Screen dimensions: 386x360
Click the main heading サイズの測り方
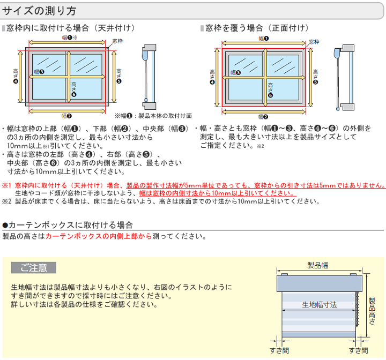[x=39, y=11]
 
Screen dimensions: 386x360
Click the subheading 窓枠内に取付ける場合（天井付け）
[x=71, y=28]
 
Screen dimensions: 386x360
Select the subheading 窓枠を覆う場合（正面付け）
[x=257, y=28]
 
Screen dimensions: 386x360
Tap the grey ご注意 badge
[x=34, y=267]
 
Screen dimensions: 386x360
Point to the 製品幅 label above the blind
[x=317, y=265]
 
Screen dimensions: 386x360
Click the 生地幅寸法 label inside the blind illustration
[x=320, y=305]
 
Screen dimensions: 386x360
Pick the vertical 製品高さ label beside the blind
[x=372, y=311]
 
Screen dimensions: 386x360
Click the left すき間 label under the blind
[x=279, y=350]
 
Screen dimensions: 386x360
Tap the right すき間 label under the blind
[x=359, y=350]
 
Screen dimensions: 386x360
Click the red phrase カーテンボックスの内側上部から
[x=99, y=236]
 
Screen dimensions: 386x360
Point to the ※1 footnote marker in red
[x=6, y=185]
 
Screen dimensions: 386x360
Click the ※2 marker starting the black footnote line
[x=6, y=201]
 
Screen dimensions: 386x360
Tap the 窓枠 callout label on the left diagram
[x=117, y=41]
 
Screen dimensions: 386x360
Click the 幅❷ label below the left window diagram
[x=66, y=116]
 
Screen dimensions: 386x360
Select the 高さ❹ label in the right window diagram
[x=212, y=77]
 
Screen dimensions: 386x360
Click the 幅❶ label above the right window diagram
[x=264, y=38]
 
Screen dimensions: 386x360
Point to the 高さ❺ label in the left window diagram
[x=119, y=76]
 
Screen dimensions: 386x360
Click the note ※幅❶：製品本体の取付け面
[x=153, y=116]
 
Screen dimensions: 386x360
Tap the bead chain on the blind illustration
[x=357, y=309]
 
